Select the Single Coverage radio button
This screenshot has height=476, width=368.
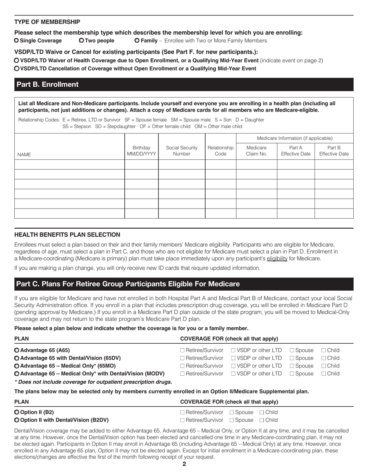tap(17, 41)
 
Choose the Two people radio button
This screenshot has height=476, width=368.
tap(81, 41)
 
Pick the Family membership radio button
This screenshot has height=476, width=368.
tap(137, 41)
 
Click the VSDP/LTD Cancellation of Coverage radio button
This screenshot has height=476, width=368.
tap(17, 68)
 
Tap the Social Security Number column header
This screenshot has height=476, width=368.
tap(181, 151)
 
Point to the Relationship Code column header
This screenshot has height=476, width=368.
tap(220, 151)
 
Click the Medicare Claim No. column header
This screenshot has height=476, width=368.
tap(256, 151)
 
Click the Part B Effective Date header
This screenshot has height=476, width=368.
tap(334, 151)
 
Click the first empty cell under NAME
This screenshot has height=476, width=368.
tap(69, 165)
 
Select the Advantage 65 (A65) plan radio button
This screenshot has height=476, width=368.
tap(17, 350)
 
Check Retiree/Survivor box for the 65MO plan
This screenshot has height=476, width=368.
tap(182, 366)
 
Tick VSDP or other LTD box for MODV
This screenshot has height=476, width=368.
tap(233, 373)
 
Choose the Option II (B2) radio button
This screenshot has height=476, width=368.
tap(17, 412)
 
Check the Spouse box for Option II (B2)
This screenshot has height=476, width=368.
tap(232, 412)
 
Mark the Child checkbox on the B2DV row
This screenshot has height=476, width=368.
tap(262, 420)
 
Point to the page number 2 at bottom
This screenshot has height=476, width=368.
tap(184, 464)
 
